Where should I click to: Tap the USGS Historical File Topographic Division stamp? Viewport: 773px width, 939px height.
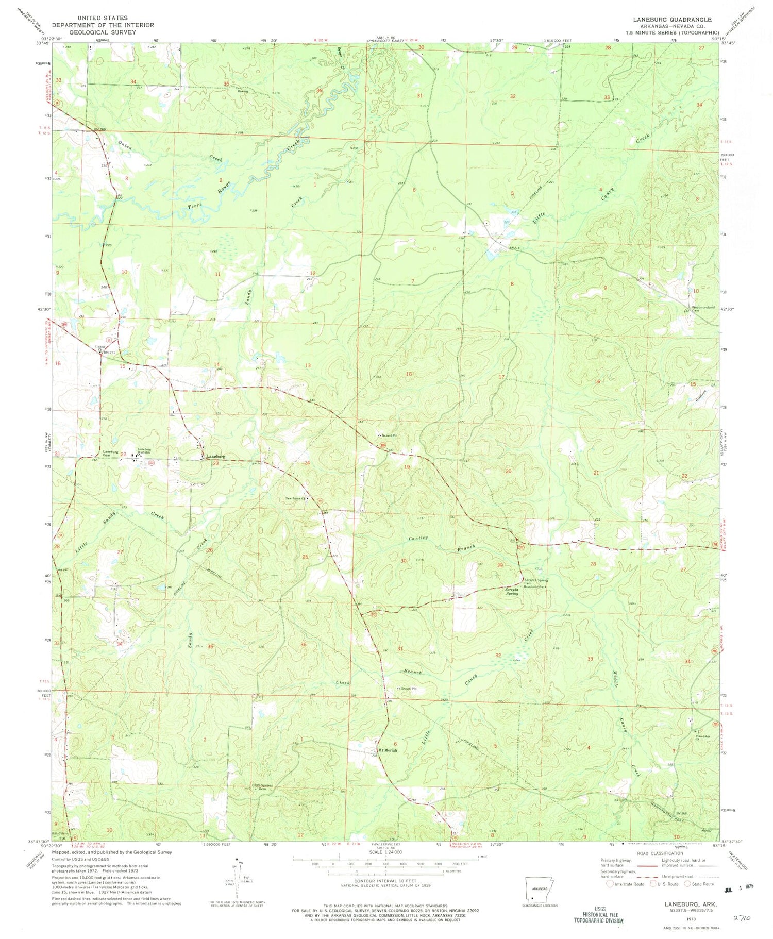pyautogui.click(x=599, y=914)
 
